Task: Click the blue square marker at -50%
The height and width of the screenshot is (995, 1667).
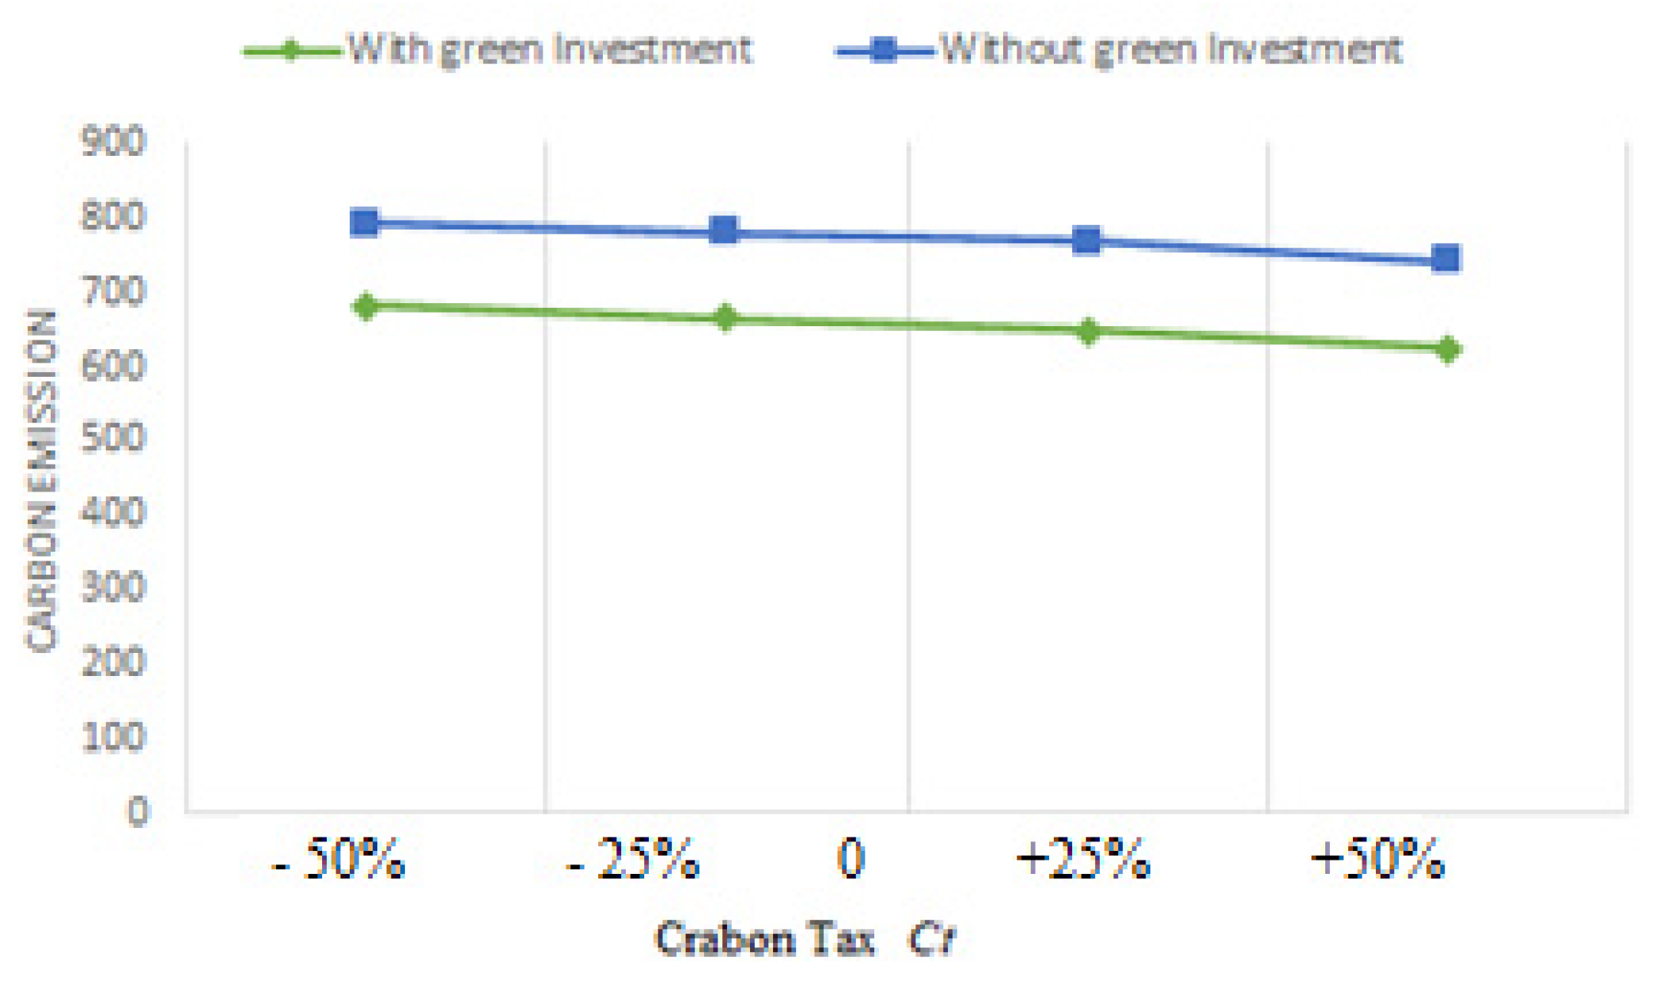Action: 364,223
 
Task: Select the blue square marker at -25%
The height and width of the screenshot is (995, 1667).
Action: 724,231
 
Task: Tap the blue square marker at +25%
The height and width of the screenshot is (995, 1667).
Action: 1087,240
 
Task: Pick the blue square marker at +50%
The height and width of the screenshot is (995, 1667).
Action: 1446,258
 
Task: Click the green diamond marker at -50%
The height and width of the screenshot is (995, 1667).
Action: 366,306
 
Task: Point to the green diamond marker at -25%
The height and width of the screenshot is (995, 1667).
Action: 725,318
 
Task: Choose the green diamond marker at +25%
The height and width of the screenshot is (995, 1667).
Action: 1089,331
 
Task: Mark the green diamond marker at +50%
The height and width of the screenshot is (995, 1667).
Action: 1448,348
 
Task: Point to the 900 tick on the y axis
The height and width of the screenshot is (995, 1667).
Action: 113,142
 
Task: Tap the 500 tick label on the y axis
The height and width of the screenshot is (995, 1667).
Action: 113,437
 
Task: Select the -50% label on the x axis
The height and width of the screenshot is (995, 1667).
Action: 339,860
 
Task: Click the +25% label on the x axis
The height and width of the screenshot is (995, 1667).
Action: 1082,860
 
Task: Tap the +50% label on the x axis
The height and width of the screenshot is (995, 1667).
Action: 1377,860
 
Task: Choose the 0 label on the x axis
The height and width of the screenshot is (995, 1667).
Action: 851,860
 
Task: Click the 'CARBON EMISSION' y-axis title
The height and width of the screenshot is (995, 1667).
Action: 41,480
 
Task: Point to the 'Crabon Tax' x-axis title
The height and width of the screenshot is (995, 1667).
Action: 765,940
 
